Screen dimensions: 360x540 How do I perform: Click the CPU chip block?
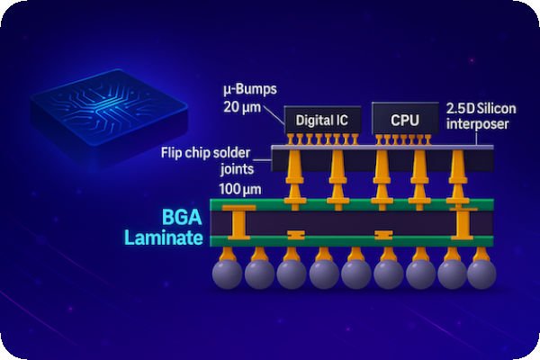(404, 119)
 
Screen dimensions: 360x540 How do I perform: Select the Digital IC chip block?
(322, 119)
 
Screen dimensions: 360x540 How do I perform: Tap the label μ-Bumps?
(247, 91)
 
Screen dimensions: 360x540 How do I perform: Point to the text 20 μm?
(242, 106)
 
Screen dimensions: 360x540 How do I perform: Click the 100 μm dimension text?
(239, 189)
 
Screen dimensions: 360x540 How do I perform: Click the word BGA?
(183, 217)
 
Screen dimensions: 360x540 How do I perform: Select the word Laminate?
(165, 238)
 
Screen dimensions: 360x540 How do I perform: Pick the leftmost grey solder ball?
(227, 274)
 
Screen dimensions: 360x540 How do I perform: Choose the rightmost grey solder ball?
(481, 274)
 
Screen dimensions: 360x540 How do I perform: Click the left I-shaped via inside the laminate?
(238, 221)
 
